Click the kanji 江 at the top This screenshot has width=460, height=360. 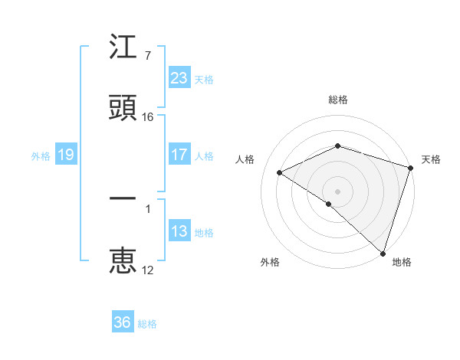click(x=123, y=48)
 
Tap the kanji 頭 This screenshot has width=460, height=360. click(x=123, y=108)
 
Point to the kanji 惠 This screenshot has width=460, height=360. click(x=123, y=260)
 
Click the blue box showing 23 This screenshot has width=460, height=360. click(x=179, y=77)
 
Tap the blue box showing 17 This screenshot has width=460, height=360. click(x=179, y=155)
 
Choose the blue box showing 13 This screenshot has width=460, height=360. click(x=179, y=231)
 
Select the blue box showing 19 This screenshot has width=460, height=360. click(x=66, y=155)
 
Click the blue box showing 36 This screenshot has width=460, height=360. click(x=123, y=322)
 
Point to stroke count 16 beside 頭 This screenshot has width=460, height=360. click(x=149, y=117)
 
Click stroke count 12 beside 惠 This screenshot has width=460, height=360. click(x=148, y=270)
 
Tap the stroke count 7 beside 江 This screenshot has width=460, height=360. click(x=147, y=56)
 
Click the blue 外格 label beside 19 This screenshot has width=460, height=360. click(x=41, y=155)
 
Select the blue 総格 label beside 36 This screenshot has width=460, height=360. click(x=147, y=323)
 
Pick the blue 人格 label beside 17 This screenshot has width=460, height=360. click(x=204, y=155)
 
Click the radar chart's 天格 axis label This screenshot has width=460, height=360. click(x=431, y=159)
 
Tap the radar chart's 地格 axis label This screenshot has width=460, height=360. click(x=402, y=262)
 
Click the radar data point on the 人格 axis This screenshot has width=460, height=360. click(x=280, y=172)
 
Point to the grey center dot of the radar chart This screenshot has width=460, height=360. click(x=337, y=191)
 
